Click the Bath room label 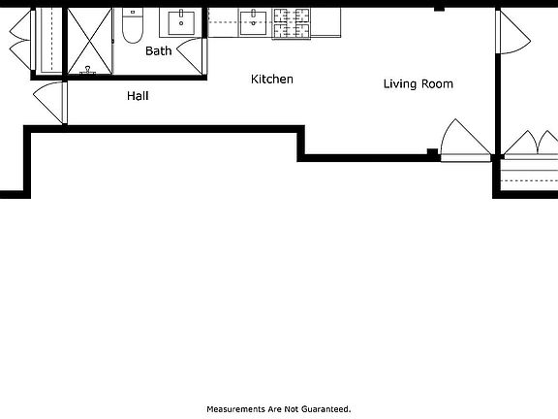159,50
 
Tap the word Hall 138,96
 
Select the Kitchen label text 272,80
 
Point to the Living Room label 418,84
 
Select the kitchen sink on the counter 254,21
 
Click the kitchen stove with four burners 292,22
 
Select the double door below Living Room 466,142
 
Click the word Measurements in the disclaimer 237,409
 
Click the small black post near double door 432,151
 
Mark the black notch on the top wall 439,8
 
